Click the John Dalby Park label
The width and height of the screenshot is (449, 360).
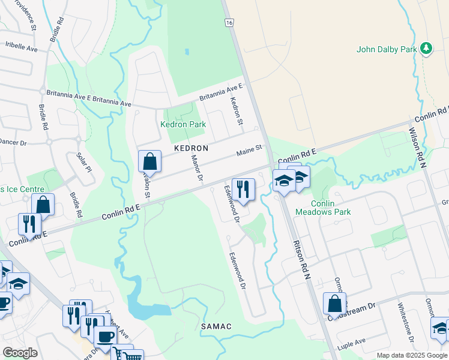pyautogui.click(x=386, y=49)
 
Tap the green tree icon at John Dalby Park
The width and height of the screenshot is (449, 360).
pyautogui.click(x=426, y=48)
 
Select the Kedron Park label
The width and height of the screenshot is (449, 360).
pyautogui.click(x=182, y=124)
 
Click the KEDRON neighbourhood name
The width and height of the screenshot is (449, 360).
pyautogui.click(x=191, y=148)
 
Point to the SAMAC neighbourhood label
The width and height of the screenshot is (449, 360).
pyautogui.click(x=216, y=326)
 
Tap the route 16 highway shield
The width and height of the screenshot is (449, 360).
pyautogui.click(x=229, y=22)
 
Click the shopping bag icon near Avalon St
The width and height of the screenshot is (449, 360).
pyautogui.click(x=149, y=161)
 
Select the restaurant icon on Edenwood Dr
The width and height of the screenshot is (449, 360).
pyautogui.click(x=243, y=189)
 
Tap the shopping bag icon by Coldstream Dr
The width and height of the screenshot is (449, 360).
pyautogui.click(x=334, y=304)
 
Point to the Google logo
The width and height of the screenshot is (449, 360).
pyautogui.click(x=20, y=352)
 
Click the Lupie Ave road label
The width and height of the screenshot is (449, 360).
pyautogui.click(x=352, y=342)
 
